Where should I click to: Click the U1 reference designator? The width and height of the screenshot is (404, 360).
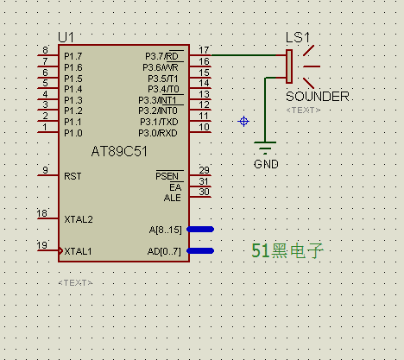66,37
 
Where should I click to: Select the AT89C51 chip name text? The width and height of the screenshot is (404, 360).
119,151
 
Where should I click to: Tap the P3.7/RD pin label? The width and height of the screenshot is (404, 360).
161,56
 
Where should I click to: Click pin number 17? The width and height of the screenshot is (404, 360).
204,50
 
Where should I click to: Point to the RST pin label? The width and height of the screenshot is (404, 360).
73,176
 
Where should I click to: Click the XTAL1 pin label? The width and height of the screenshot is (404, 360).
78,251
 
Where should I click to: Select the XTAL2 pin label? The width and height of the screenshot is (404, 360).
79,219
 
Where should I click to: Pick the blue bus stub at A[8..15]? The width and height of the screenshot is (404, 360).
200,229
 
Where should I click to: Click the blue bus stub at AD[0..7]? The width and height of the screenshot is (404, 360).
200,251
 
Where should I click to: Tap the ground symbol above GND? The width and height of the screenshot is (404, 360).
265,146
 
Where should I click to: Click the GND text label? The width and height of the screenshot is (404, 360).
266,164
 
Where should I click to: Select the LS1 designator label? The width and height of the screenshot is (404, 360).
298,38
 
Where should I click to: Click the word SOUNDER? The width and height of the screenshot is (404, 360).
318,97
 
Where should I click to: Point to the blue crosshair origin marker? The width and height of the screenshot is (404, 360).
243,122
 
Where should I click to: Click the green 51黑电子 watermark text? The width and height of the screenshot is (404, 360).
287,250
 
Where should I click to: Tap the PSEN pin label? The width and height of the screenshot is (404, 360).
167,176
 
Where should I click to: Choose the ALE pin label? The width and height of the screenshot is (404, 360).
173,198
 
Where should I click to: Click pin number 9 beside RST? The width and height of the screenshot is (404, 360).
45,170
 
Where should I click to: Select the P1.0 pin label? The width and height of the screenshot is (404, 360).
73,133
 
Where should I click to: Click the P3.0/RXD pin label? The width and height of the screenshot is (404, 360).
158,133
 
